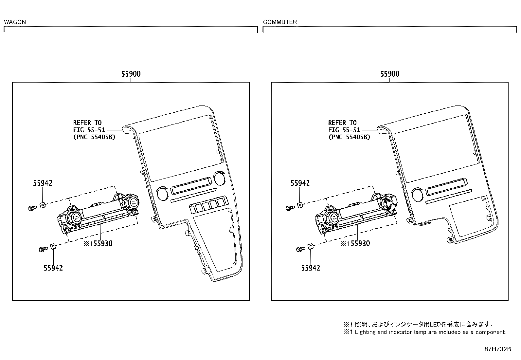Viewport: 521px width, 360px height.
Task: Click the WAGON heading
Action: point(15,22)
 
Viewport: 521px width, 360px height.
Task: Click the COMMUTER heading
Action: point(280,22)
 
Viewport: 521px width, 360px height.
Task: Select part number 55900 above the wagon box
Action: point(131,74)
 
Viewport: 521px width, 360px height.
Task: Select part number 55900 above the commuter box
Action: point(389,74)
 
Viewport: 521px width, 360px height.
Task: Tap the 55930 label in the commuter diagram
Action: point(360,243)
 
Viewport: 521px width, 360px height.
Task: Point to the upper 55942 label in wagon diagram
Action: point(43,183)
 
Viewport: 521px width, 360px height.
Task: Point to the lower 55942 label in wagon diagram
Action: point(53,268)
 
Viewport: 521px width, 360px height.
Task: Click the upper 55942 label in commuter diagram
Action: point(300,183)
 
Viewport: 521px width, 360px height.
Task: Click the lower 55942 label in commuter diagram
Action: point(311,268)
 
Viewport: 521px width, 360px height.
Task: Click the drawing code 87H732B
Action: point(497,349)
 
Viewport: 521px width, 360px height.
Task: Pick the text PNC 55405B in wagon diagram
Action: point(94,137)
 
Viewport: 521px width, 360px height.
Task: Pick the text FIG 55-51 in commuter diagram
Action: point(344,130)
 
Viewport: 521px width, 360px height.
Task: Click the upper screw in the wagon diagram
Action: point(32,208)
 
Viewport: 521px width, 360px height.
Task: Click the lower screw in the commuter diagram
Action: point(299,250)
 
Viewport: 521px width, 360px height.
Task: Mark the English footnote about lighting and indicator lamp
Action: point(424,332)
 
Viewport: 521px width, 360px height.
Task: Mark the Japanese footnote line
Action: point(418,325)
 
